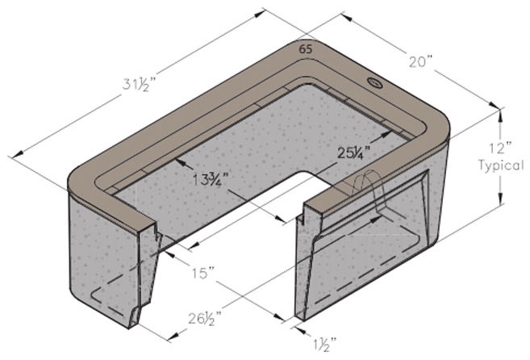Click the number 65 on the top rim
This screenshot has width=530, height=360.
coord(306,48)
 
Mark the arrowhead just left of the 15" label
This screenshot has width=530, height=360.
coord(169,253)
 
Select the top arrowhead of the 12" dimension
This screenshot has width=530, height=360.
coord(500,113)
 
